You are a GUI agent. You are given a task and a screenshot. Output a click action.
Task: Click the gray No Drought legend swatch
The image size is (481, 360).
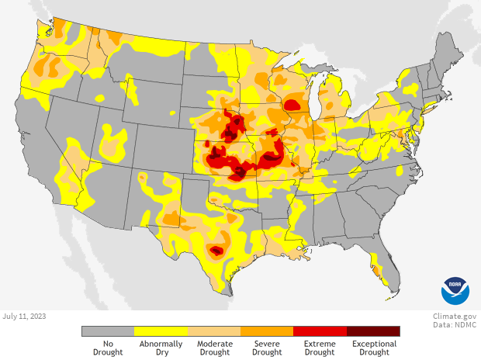108,331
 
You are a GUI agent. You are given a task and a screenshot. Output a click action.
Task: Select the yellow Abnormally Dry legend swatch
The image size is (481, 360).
161,331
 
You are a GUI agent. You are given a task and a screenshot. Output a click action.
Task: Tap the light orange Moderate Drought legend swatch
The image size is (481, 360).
214,331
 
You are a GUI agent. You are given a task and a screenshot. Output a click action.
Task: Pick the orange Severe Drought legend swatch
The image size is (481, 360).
267,331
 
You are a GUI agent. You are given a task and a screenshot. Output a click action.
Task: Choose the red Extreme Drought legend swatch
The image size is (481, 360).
320,331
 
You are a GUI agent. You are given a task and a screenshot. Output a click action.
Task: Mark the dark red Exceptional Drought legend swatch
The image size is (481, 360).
373,331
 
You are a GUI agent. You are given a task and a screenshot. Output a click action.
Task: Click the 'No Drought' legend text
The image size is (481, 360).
108,348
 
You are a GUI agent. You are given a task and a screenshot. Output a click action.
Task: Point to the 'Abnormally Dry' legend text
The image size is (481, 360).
161,348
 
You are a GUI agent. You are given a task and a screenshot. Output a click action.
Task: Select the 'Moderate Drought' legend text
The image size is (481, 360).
214,348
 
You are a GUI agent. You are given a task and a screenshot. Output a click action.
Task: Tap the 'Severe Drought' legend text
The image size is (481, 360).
267,348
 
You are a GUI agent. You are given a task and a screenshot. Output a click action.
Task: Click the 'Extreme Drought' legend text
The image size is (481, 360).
320,348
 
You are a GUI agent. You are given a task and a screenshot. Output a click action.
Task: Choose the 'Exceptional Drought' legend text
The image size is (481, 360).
373,348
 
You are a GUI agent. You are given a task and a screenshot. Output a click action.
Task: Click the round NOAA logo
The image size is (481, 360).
455,290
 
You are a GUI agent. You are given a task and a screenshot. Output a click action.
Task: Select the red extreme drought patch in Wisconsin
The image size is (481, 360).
293,105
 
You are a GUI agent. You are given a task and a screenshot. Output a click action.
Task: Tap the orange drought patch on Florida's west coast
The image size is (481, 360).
377,271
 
